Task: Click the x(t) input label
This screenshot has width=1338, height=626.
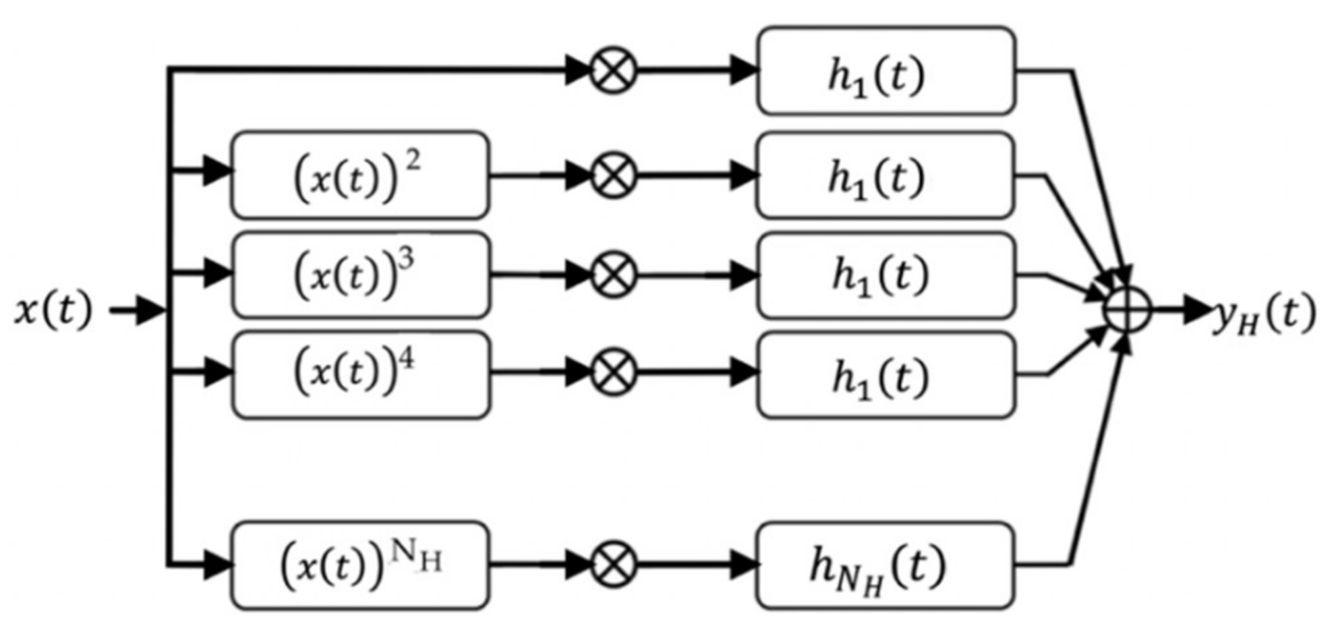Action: (53, 312)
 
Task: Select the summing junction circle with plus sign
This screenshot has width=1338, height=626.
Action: (1126, 311)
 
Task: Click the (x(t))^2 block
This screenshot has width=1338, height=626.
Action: (360, 175)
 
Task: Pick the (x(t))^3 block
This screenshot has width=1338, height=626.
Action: (360, 275)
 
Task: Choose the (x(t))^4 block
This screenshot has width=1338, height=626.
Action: (360, 374)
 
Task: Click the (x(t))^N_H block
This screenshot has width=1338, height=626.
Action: (360, 565)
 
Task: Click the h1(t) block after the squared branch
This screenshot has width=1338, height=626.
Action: (885, 175)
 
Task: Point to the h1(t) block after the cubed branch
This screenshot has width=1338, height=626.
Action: (885, 275)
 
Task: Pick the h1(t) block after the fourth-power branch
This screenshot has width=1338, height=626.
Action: (885, 374)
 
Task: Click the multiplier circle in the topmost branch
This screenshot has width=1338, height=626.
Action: (613, 70)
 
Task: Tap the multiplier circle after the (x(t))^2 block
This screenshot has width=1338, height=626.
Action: (613, 175)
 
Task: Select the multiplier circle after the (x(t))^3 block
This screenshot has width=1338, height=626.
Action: (613, 275)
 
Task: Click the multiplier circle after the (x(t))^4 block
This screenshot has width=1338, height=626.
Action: (613, 373)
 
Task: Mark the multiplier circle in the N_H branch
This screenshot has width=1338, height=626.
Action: (613, 565)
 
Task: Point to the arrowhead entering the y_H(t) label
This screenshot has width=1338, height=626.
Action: (1197, 311)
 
